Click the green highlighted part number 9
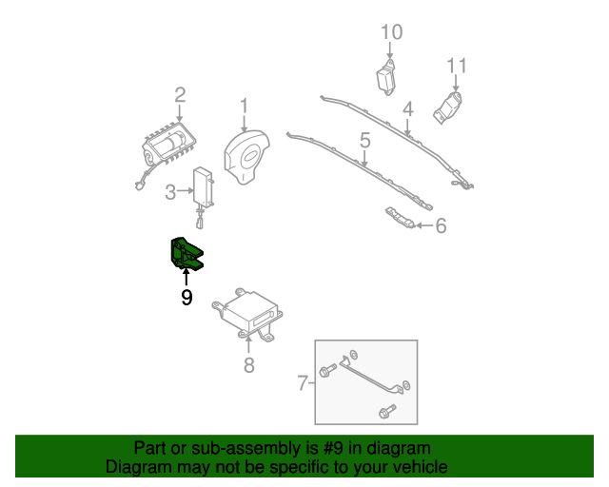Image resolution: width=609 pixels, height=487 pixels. (186, 253)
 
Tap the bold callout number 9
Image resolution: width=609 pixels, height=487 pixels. (187, 298)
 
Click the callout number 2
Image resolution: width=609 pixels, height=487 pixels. (180, 95)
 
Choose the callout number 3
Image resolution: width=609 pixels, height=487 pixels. (170, 192)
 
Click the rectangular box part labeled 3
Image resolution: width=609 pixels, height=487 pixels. (203, 188)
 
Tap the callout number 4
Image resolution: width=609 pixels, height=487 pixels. (408, 109)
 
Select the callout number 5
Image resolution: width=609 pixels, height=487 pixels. (365, 140)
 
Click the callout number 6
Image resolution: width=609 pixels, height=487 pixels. (441, 225)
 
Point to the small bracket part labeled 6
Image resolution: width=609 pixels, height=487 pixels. (400, 218)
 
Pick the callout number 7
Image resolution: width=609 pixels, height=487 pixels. (303, 382)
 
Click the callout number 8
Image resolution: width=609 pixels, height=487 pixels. (249, 364)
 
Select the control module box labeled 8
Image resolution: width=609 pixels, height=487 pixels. (247, 316)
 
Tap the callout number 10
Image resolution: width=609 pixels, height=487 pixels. (391, 32)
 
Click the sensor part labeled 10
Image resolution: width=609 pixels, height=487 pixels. (386, 78)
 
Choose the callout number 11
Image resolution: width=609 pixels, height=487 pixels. (457, 66)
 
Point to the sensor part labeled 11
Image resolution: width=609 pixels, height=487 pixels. (448, 108)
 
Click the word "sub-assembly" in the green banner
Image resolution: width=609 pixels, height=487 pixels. (246, 449)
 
